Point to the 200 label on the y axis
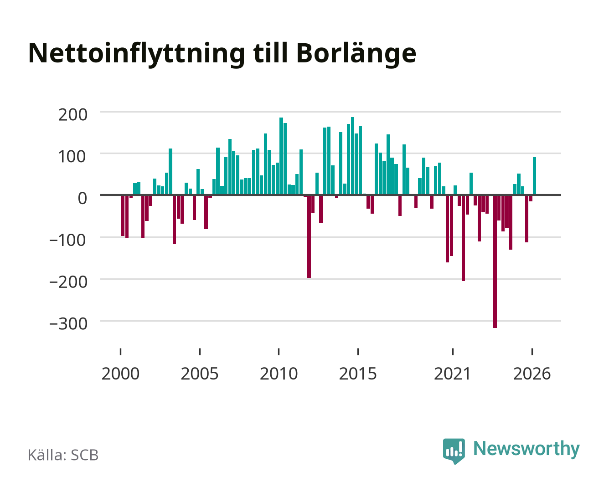point(72,115)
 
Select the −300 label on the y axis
point(68,324)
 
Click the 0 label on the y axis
point(83,198)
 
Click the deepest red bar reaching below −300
point(495,261)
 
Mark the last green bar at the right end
point(534,176)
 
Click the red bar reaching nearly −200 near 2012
point(309,236)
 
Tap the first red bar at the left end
point(123,215)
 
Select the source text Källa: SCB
point(63,455)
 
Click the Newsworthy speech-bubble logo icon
point(454,451)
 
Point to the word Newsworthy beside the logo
point(526,449)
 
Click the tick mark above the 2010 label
point(279,351)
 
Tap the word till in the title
point(270,53)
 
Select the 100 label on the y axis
point(72,157)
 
